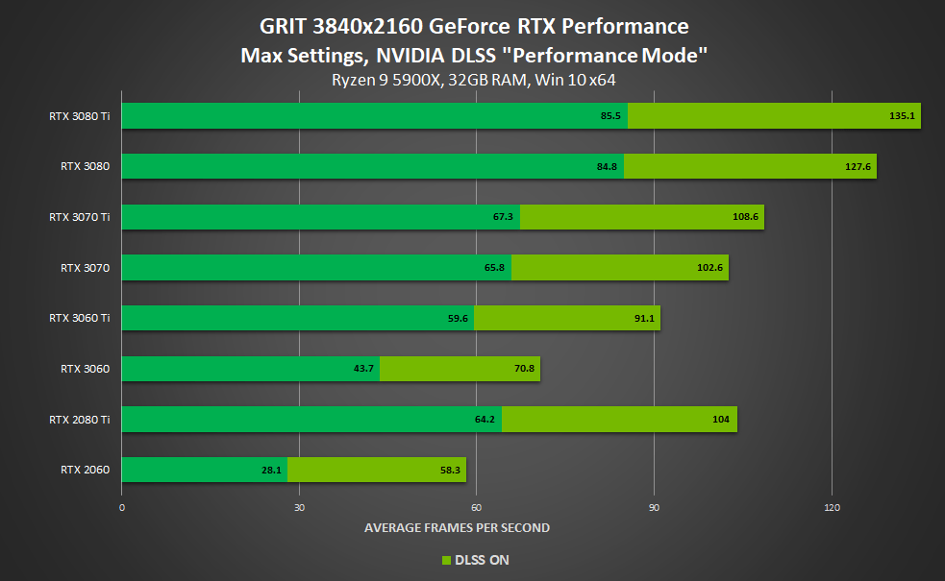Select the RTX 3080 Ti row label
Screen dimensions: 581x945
(79, 115)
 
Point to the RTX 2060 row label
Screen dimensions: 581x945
(85, 470)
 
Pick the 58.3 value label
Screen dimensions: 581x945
(448, 470)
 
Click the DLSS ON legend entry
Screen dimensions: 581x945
(475, 560)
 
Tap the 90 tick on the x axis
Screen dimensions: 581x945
(654, 507)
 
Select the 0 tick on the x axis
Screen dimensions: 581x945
(122, 507)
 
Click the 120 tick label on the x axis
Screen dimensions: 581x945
(833, 507)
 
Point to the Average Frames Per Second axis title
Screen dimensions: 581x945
(457, 527)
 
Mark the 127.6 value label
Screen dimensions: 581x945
(858, 166)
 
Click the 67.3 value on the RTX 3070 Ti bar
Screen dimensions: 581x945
(504, 217)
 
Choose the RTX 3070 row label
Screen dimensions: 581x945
(85, 268)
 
